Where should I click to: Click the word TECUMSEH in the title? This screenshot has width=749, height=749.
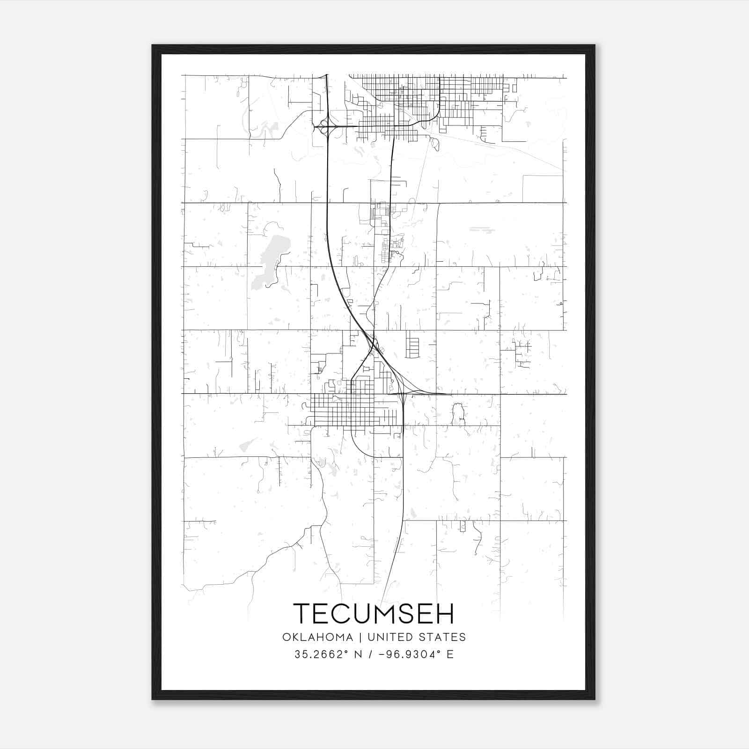coord(374,613)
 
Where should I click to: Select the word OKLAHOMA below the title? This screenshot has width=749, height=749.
coord(317,637)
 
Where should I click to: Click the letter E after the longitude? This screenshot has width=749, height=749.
coord(450,654)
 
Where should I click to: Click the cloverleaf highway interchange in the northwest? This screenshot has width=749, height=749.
coord(323,126)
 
